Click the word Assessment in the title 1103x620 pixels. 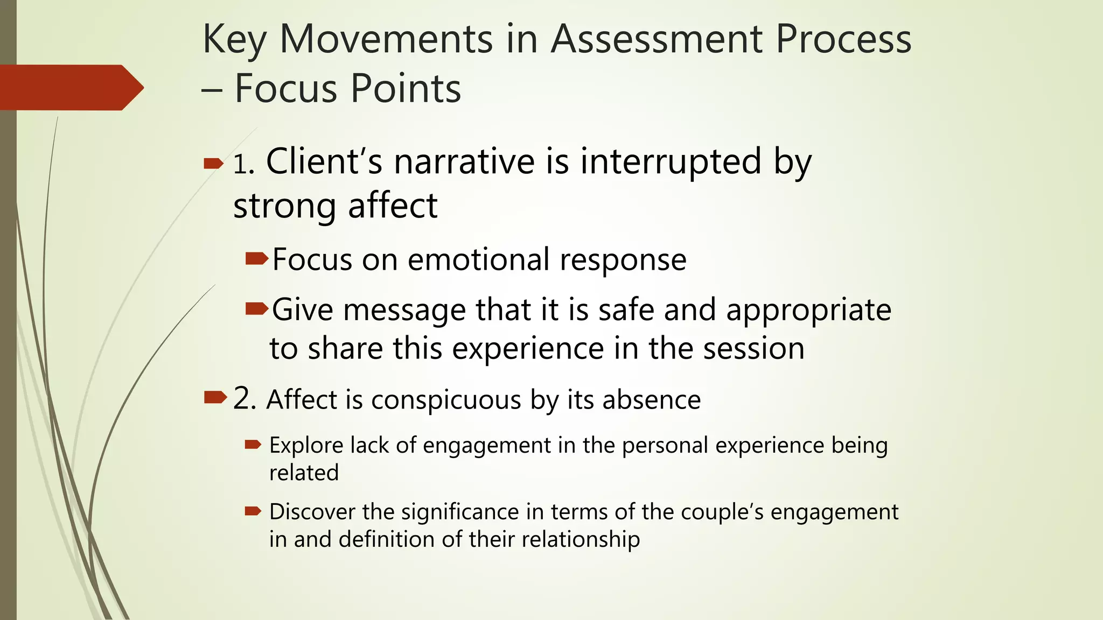[x=657, y=39]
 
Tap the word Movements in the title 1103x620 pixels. [x=386, y=39]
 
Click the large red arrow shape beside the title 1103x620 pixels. [x=70, y=87]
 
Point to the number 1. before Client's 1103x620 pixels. [x=243, y=165]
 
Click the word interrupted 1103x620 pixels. [x=671, y=163]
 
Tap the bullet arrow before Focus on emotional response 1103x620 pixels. [x=256, y=259]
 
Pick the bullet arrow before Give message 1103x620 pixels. [x=256, y=309]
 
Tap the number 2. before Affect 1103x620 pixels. [x=245, y=399]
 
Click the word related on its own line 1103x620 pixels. [x=304, y=473]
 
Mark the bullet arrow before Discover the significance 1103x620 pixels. [x=253, y=511]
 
